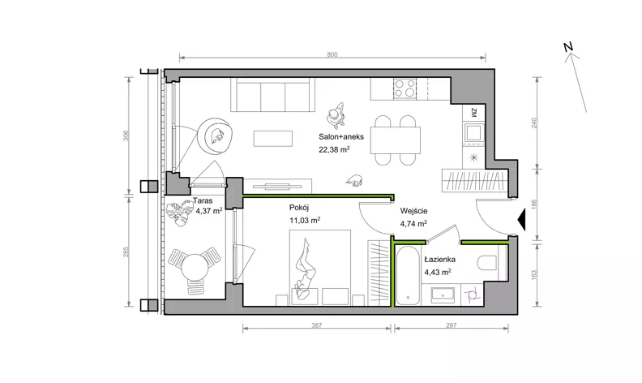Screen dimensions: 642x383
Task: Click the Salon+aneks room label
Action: click(x=341, y=137)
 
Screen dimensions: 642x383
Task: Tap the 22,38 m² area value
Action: click(x=334, y=149)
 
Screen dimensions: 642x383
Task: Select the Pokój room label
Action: click(x=298, y=208)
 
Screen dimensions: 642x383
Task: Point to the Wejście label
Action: click(x=414, y=211)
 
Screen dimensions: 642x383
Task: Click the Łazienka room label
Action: click(x=439, y=259)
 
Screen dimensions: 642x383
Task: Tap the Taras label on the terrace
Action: click(x=203, y=201)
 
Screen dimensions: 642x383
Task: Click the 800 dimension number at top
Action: click(x=332, y=54)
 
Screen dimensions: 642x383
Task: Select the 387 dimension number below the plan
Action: click(x=316, y=325)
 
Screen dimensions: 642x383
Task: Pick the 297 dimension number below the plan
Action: click(x=451, y=325)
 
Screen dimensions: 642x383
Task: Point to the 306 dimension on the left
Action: click(x=126, y=136)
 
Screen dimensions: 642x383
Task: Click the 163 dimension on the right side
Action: click(x=533, y=274)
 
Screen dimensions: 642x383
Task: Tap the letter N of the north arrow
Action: click(x=568, y=47)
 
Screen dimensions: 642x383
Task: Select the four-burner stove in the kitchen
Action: click(x=404, y=88)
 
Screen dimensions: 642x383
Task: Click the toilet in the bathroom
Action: click(x=487, y=262)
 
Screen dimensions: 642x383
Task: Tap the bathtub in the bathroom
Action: click(x=409, y=275)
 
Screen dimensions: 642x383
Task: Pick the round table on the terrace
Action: click(x=194, y=267)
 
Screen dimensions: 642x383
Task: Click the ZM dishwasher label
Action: click(x=473, y=113)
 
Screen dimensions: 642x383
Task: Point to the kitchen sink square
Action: click(x=473, y=132)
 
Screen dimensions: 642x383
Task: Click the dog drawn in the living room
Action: click(x=354, y=180)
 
